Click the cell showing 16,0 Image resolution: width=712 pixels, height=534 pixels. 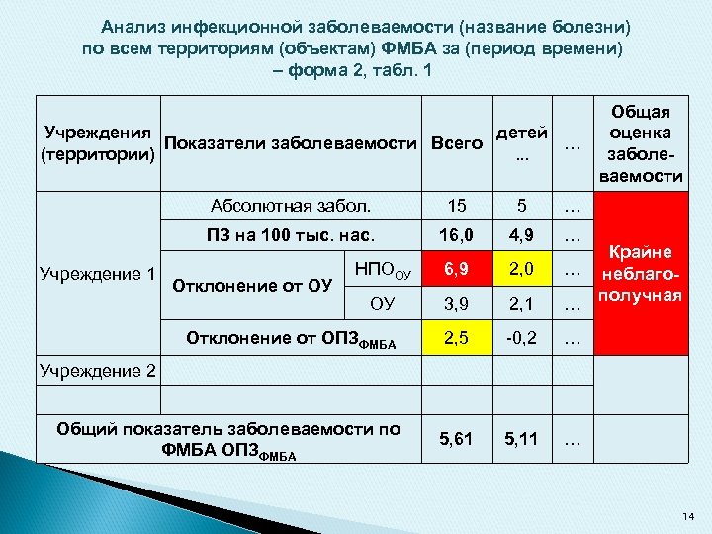[456, 237]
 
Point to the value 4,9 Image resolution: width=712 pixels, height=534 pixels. [524, 237]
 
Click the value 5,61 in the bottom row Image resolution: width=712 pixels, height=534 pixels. [456, 436]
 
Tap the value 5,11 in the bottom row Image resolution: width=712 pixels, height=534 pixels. [524, 436]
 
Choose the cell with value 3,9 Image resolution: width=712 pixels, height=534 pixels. [456, 303]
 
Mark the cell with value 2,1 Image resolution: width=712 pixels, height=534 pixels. [524, 303]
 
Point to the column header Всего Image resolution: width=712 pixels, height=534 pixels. [456, 144]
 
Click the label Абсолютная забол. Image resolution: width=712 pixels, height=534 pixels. [291, 207]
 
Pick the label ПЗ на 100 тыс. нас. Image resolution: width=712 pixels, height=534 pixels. [291, 237]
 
